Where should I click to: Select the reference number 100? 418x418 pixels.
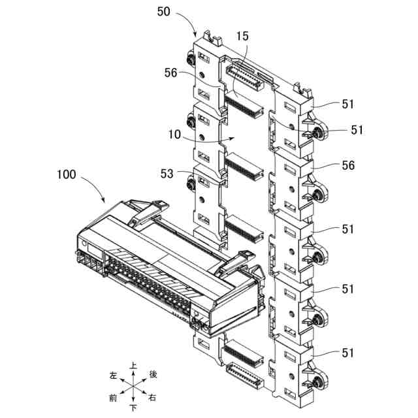click(x=66, y=175)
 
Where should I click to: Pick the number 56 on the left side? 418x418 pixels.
click(x=172, y=74)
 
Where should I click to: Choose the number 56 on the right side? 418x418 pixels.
click(x=347, y=166)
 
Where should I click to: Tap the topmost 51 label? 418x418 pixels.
click(x=347, y=103)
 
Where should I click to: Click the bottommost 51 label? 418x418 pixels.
click(x=347, y=353)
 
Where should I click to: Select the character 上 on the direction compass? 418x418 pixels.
click(x=133, y=366)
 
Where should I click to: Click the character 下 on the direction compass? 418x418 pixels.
click(x=133, y=409)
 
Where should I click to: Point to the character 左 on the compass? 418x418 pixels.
click(x=113, y=376)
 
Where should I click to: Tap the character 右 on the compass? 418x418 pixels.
click(x=153, y=398)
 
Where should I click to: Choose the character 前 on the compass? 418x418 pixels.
click(x=113, y=398)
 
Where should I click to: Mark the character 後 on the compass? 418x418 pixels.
click(x=153, y=374)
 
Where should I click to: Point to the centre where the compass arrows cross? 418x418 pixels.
click(x=133, y=387)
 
